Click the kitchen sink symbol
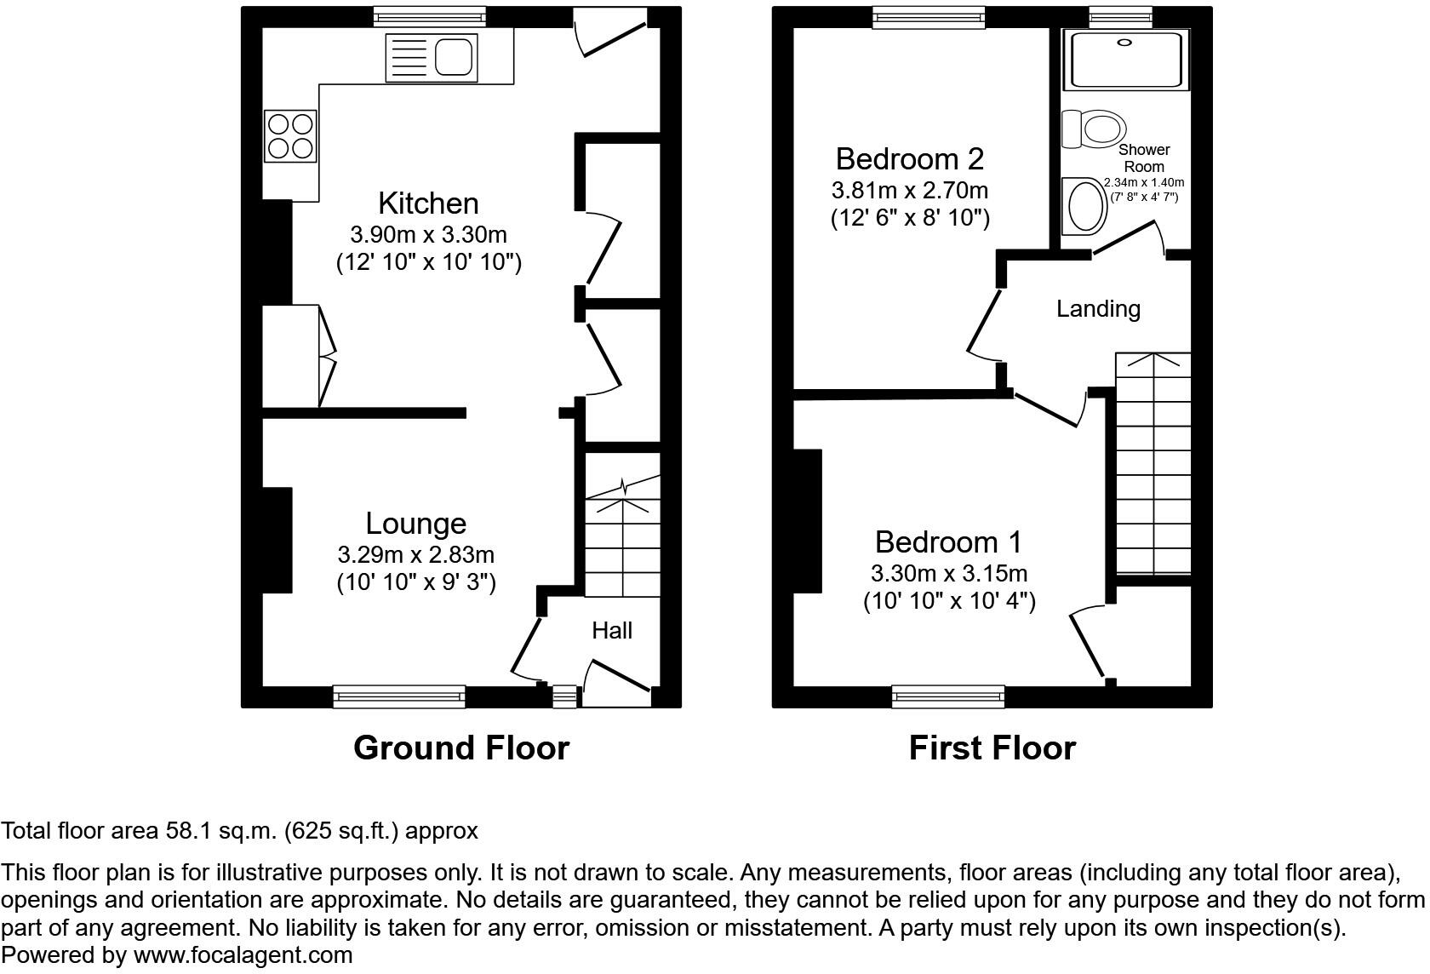coord(432,58)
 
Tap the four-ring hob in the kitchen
coord(291,136)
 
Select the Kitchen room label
coord(428,203)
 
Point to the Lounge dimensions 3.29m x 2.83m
coord(416,554)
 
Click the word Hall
coord(611,630)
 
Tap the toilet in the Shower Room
coord(1094,129)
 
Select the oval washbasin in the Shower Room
coord(1084,206)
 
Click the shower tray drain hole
coord(1124,43)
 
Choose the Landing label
coord(1098,309)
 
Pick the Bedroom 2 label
coord(910,159)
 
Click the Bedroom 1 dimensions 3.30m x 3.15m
coord(949,574)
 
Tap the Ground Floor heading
coord(461,748)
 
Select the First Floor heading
coord(992,748)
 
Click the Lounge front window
coord(399,696)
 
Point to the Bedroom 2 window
coord(929,17)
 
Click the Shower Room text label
coord(1144,158)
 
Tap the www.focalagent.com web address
coord(243,954)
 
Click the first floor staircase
coord(1153,464)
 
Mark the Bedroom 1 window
coord(948,696)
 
